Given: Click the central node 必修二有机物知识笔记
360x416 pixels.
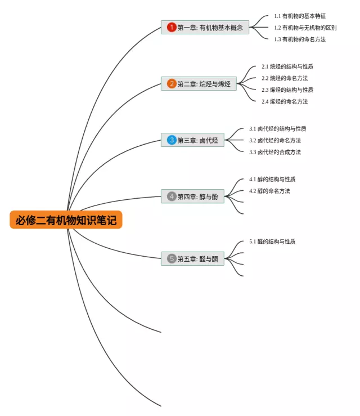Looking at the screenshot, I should click(66, 220).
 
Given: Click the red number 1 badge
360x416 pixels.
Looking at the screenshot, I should click(172, 27).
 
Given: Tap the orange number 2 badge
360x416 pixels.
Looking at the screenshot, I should click(172, 84).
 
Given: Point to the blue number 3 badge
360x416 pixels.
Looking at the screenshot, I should click(172, 140).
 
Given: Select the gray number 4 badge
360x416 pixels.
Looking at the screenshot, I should click(172, 196).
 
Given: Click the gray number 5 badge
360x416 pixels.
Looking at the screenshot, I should click(172, 259).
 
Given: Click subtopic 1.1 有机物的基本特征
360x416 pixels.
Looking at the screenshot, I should click(300, 16).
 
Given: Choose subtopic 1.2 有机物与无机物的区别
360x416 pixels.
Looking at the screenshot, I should click(305, 28).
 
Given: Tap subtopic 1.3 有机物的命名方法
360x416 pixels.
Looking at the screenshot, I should click(300, 39).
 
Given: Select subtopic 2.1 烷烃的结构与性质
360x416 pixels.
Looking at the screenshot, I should click(287, 66).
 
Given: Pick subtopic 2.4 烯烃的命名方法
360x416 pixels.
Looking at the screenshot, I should click(285, 101).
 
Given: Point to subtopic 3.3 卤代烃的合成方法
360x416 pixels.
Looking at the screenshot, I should click(275, 152).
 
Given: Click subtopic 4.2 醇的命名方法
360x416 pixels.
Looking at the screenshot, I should click(269, 191).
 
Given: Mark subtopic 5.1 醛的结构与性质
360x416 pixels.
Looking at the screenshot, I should click(272, 241).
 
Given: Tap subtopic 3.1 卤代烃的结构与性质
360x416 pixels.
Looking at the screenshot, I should click(278, 129).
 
